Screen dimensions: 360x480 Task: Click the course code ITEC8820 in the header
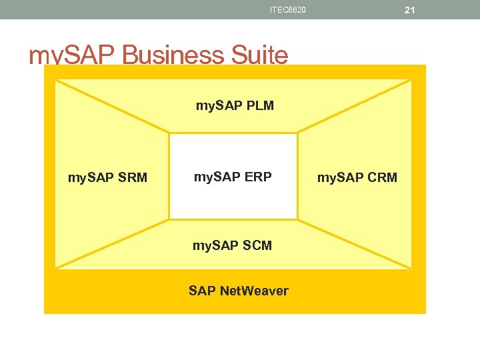288,9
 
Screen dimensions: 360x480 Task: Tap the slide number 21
409,10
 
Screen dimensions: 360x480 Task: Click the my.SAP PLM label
234,105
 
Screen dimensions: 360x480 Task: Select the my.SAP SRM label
107,178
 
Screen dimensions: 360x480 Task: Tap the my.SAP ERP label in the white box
233,177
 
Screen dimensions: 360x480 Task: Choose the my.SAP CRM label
357,178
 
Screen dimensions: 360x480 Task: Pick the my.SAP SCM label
232,245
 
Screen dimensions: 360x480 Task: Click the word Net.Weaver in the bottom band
254,291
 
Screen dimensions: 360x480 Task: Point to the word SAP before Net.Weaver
202,291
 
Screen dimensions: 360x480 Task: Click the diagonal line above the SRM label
112,107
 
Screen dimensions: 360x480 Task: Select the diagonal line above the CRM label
354,107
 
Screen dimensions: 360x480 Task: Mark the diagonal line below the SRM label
112,243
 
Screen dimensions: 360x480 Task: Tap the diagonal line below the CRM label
354,243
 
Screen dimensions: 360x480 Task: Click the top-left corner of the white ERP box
170,134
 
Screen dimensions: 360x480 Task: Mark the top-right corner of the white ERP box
297,134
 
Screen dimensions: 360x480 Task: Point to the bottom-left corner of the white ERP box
170,219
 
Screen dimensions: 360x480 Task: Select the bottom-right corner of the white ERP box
297,219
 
